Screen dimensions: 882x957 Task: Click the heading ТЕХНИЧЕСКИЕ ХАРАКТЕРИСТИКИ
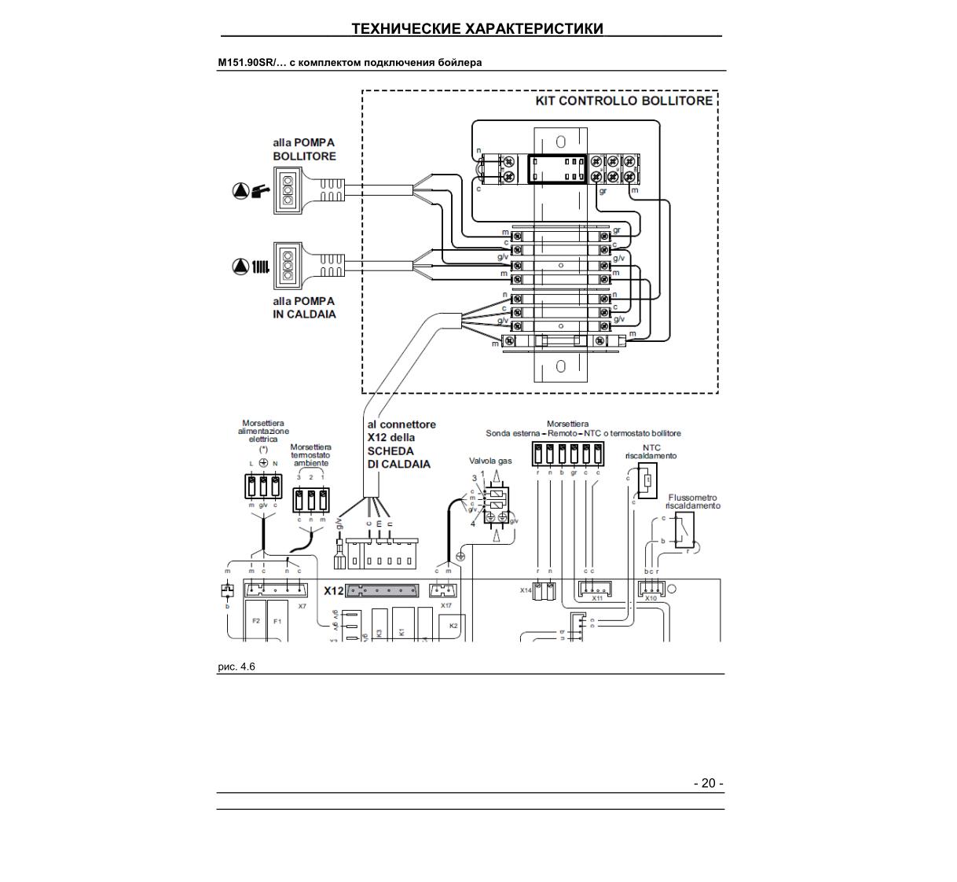tap(477, 29)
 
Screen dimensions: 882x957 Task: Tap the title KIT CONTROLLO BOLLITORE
tap(624, 101)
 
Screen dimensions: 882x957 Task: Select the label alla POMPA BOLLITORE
tap(304, 149)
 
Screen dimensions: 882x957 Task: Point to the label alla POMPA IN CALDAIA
tap(304, 307)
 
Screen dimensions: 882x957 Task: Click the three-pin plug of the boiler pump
tap(288, 190)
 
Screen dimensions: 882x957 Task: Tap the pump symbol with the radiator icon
tap(251, 266)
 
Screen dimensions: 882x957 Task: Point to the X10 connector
tap(651, 589)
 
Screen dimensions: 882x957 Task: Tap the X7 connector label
tap(302, 606)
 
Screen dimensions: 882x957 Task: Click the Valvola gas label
tap(490, 461)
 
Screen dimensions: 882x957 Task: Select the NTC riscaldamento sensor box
tap(647, 481)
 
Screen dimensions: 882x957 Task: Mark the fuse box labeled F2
tap(255, 621)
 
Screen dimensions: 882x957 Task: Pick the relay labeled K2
tap(453, 627)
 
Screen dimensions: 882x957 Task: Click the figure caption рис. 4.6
tap(236, 667)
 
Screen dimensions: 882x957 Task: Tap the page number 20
tap(708, 783)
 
